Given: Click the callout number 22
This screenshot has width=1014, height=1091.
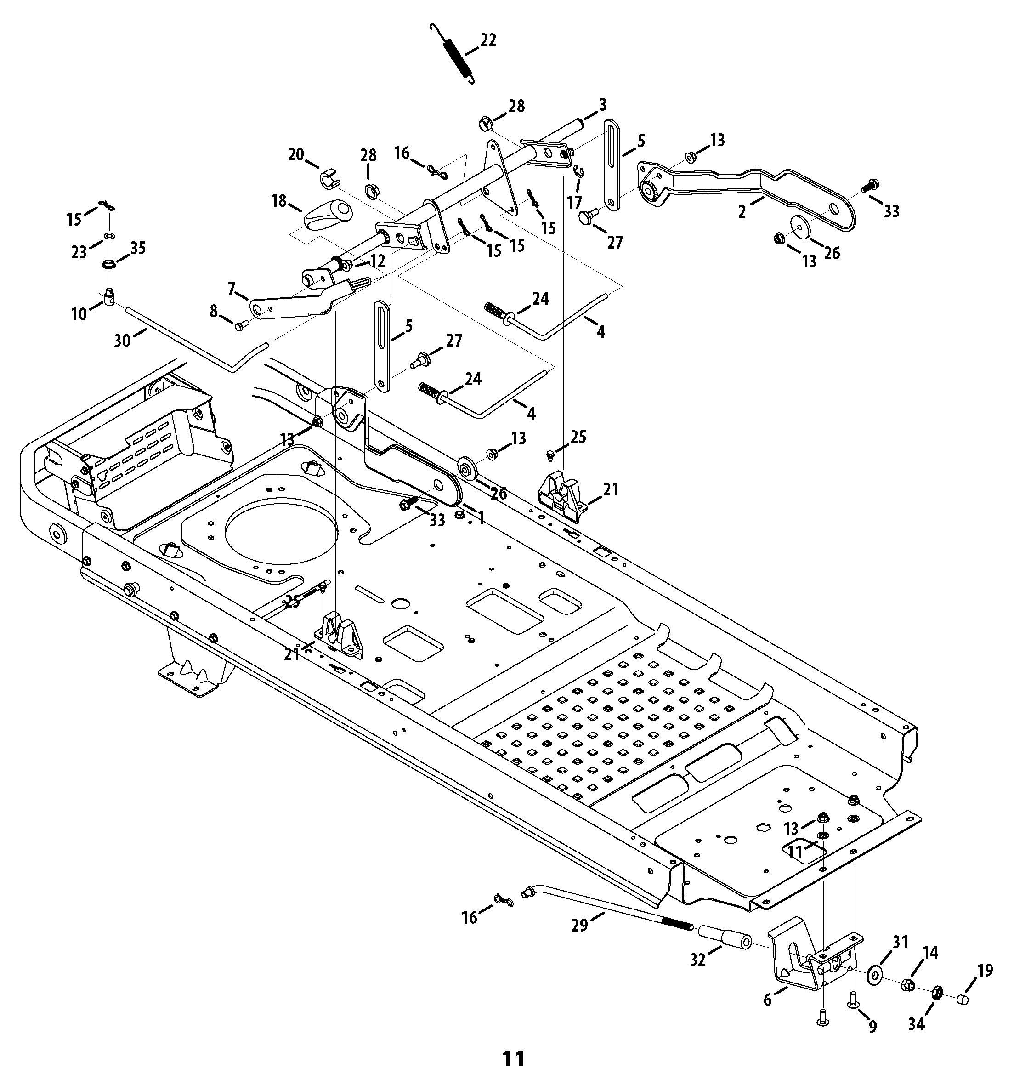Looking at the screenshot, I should click(488, 40).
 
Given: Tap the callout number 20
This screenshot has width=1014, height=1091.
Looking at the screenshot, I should click(296, 155).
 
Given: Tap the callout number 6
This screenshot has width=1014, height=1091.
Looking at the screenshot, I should click(768, 1000).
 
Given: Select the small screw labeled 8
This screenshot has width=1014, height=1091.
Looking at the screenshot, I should click(240, 327).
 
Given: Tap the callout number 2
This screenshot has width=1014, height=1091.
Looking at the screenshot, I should click(742, 212).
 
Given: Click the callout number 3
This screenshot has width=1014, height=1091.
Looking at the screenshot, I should click(602, 104).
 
